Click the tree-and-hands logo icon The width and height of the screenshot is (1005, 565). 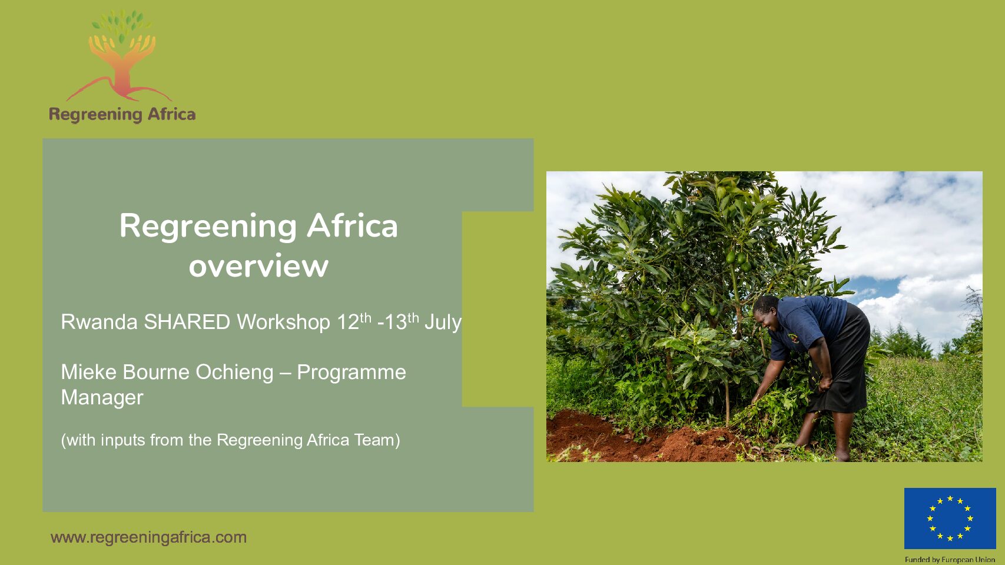120,55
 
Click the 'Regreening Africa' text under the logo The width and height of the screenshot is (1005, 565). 122,114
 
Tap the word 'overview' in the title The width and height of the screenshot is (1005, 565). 258,266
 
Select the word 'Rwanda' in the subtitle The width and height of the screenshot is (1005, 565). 99,322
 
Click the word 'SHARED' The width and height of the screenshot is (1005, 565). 187,322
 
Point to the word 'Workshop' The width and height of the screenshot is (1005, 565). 284,323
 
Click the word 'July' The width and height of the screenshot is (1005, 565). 443,323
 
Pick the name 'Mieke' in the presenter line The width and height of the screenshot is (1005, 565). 89,372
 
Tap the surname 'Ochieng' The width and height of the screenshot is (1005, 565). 235,373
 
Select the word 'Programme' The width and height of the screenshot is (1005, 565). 351,373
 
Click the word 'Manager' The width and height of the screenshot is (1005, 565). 102,398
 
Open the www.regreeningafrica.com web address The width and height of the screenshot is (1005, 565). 148,537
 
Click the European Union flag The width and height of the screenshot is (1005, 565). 950,518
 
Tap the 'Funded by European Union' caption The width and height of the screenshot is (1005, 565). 950,560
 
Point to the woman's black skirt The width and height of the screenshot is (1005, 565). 841,359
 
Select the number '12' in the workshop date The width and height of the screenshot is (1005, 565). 348,323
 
